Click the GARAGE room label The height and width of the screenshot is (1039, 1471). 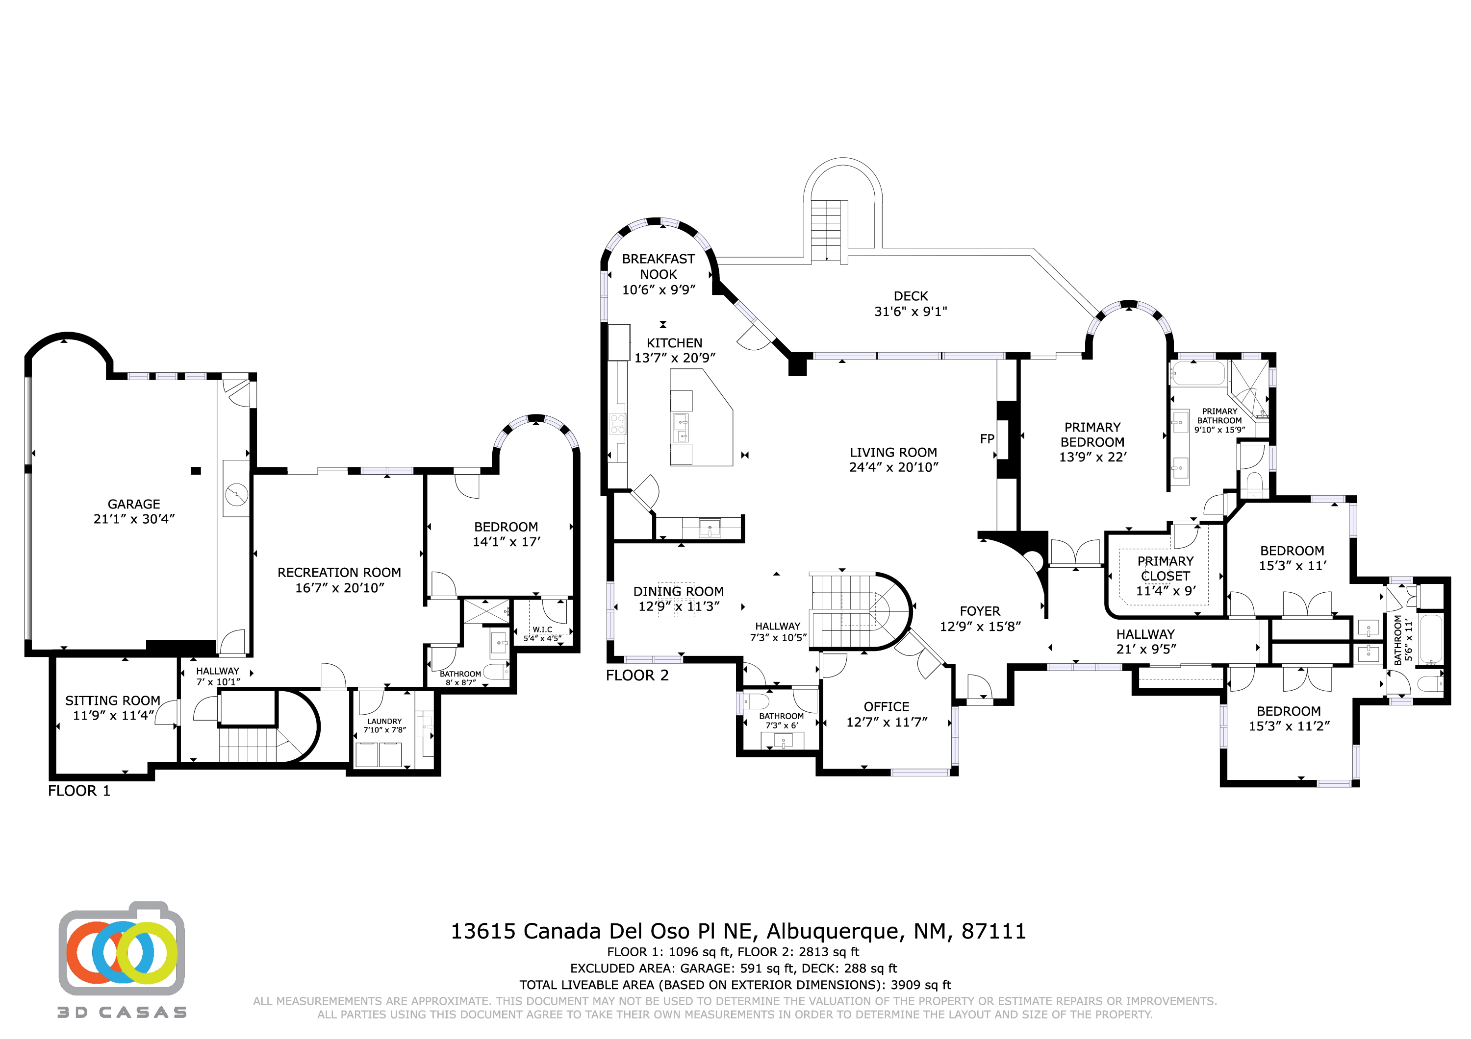point(134,505)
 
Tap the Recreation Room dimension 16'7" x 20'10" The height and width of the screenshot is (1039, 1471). point(340,588)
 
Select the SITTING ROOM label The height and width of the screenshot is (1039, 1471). point(113,701)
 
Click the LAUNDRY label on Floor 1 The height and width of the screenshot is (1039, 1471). point(384,721)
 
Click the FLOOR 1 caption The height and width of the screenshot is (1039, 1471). point(79,791)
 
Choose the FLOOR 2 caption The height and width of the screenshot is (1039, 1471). point(637,676)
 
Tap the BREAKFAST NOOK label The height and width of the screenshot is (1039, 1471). point(658,266)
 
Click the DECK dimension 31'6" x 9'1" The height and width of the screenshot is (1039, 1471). point(911,312)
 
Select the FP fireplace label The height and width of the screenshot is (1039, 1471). point(987,438)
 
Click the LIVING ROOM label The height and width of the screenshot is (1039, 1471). point(893,452)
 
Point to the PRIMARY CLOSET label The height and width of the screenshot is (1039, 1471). point(1165,568)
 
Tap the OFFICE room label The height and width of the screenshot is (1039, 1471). point(886,707)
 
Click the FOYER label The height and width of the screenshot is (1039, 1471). point(980,611)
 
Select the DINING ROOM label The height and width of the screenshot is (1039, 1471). point(679,592)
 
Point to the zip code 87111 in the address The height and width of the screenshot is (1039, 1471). point(993,931)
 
